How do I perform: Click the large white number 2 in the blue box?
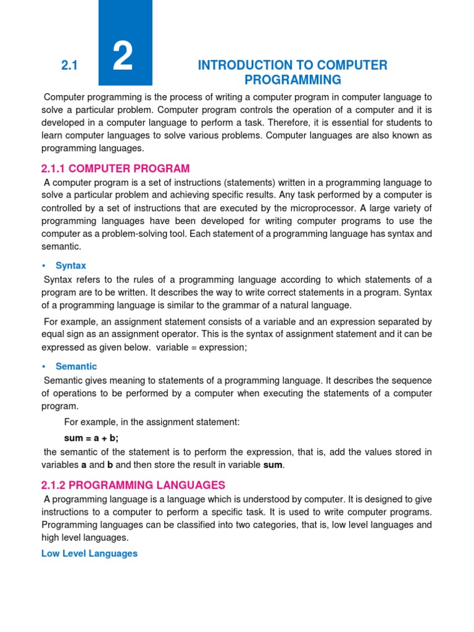point(123,59)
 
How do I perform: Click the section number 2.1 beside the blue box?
point(69,65)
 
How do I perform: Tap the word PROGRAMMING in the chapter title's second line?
point(293,80)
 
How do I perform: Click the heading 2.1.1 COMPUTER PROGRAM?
point(115,168)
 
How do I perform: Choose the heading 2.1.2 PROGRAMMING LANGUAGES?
point(133,484)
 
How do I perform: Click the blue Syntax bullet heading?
point(70,265)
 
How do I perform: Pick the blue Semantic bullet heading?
point(76,367)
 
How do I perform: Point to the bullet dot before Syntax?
point(44,265)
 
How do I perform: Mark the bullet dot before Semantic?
point(44,367)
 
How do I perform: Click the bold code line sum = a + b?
point(91,438)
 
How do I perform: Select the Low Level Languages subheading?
point(89,554)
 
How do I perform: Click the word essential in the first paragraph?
point(335,123)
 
